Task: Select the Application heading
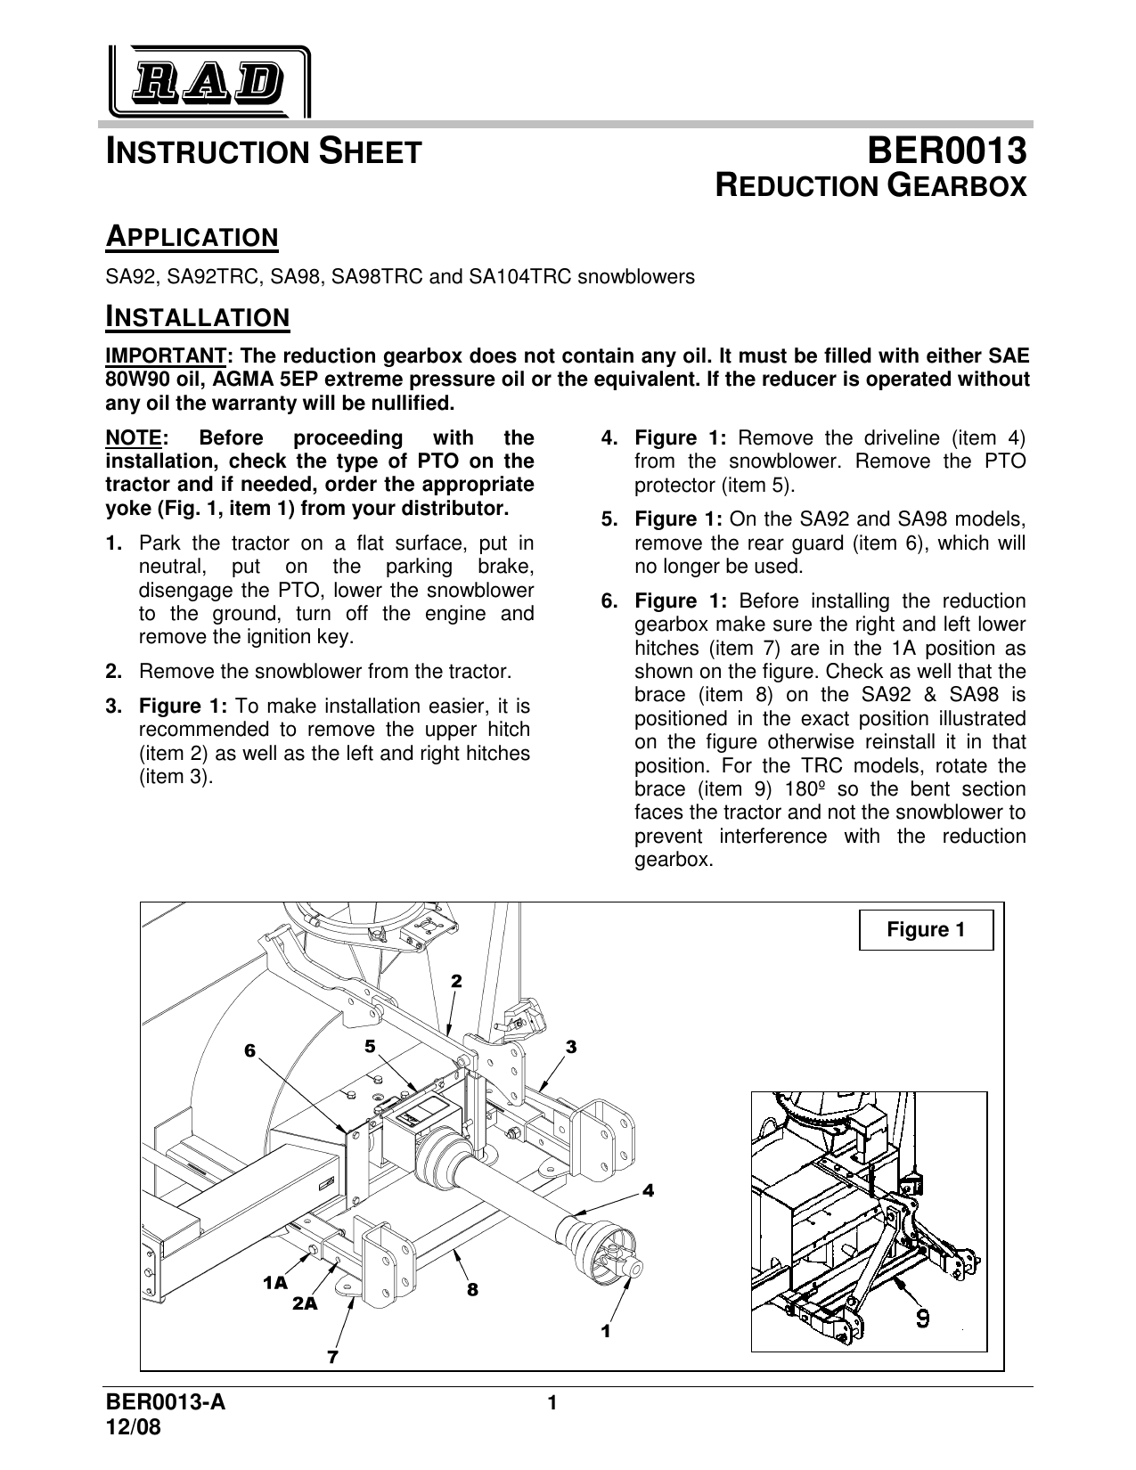pos(192,238)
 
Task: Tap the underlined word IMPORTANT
pos(167,355)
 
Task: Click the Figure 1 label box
pos(926,930)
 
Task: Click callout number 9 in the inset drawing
pos(924,1318)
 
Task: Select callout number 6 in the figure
pos(250,1051)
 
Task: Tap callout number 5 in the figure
pos(370,1043)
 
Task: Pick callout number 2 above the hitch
pos(456,981)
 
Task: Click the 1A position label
pos(275,1283)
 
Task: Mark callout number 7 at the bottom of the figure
pos(332,1357)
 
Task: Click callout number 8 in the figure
pos(472,1288)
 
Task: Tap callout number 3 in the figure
pos(571,1047)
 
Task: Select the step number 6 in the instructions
pos(609,601)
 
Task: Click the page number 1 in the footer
pos(552,1405)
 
